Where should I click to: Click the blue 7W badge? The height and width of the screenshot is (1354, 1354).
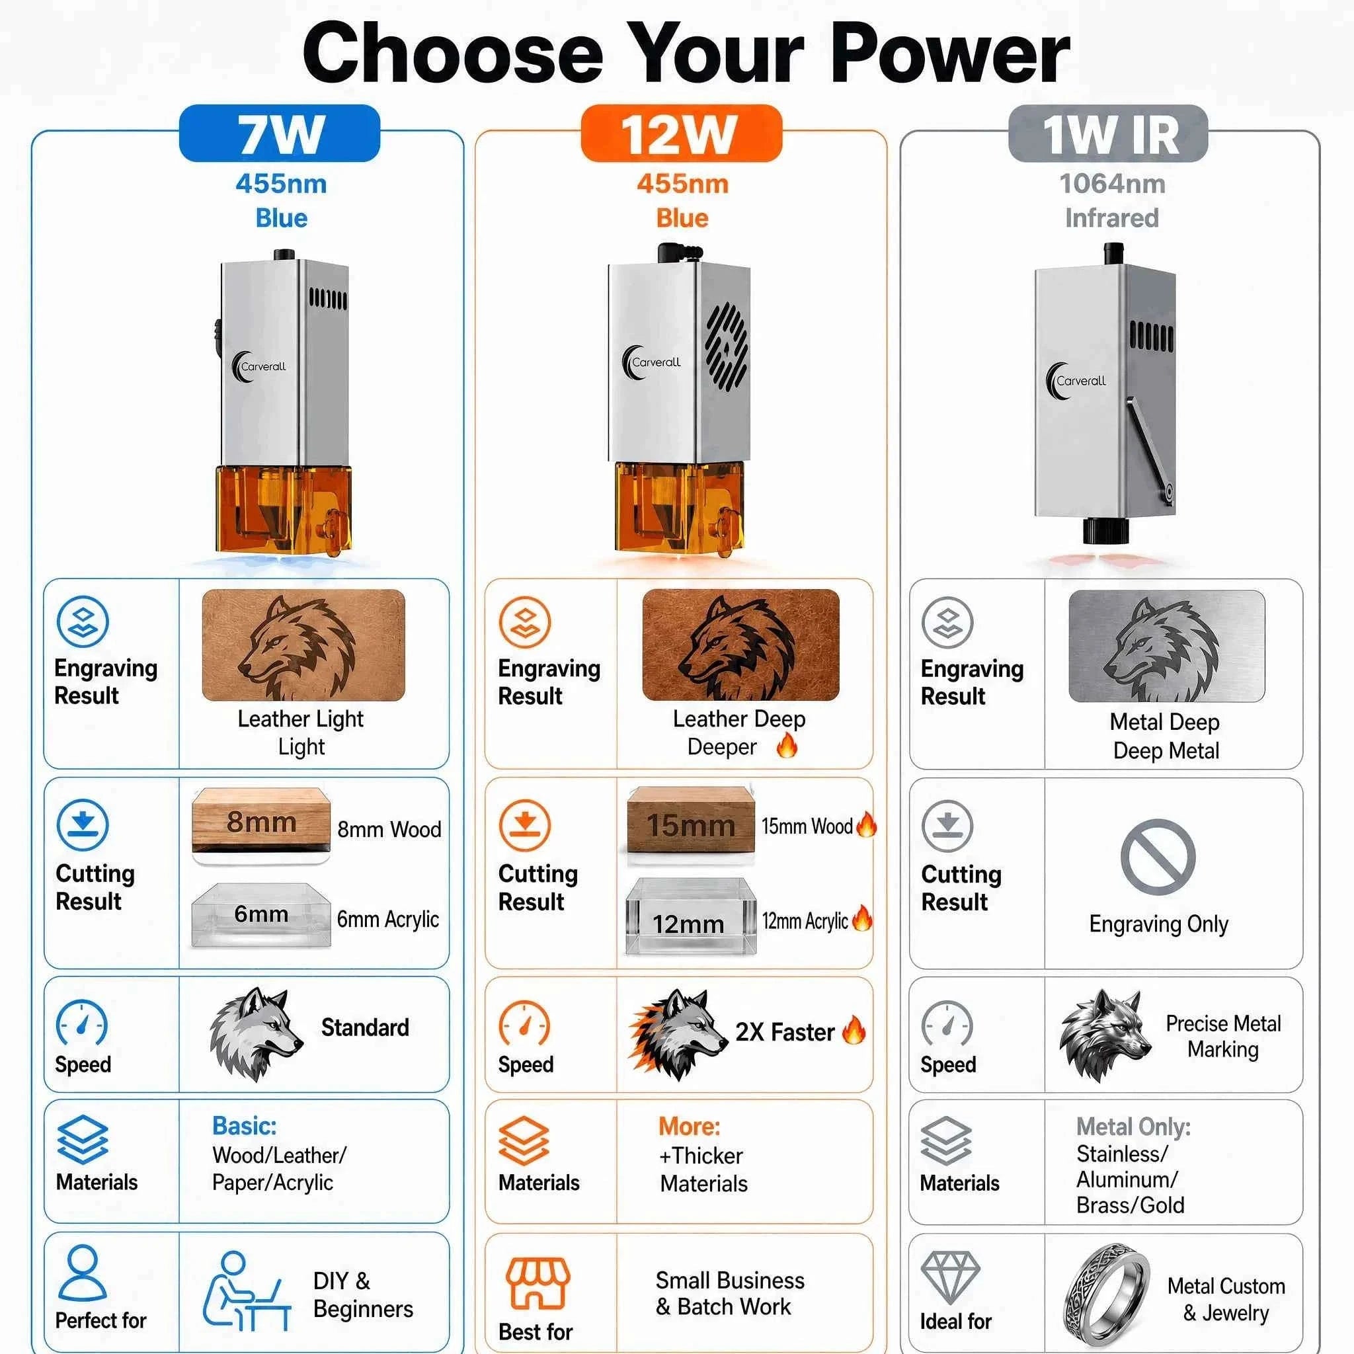280,133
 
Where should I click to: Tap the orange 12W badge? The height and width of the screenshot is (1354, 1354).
681,133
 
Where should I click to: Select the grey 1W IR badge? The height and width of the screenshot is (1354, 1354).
1108,133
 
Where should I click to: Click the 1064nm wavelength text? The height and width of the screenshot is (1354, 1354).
1112,184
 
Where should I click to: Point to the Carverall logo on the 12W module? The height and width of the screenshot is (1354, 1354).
652,363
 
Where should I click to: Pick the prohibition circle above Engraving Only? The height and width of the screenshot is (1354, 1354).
1158,857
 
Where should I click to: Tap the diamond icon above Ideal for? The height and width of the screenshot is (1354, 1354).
950,1277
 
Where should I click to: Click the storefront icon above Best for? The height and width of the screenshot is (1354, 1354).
538,1283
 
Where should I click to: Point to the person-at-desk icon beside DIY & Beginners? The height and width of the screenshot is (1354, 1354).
247,1291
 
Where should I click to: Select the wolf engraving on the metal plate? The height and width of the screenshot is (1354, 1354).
1161,650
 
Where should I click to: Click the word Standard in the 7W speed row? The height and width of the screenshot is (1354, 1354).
365,1027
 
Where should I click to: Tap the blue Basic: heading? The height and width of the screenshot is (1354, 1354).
245,1126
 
